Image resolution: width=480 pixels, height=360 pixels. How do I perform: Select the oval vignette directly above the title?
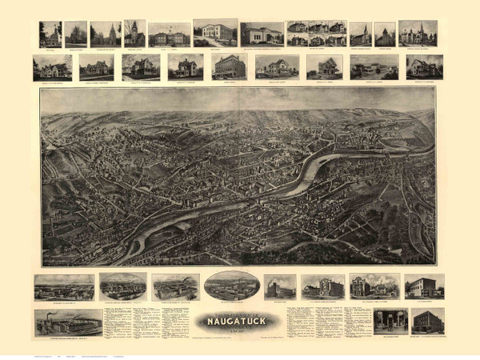coord(231,286)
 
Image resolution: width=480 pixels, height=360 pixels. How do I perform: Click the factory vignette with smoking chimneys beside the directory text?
coord(68,322)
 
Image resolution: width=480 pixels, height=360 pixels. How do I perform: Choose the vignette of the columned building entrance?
coord(390,321)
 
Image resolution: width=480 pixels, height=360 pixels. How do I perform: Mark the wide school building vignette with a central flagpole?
coord(169,35)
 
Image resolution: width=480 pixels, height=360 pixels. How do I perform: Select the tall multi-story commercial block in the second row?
coord(229,66)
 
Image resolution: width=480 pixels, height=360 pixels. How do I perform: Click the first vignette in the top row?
coord(50,34)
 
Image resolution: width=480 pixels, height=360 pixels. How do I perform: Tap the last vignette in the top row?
coord(418,34)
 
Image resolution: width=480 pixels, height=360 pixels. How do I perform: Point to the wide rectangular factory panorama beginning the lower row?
coord(64,286)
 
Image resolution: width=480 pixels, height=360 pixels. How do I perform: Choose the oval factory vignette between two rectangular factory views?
coord(123,286)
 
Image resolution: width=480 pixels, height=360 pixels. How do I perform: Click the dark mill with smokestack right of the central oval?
coord(280,286)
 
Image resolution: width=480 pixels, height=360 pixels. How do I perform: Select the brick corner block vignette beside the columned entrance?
coord(427,321)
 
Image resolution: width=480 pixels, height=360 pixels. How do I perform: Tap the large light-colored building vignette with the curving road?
coord(214,34)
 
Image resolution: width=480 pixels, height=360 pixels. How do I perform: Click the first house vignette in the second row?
coord(51,67)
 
